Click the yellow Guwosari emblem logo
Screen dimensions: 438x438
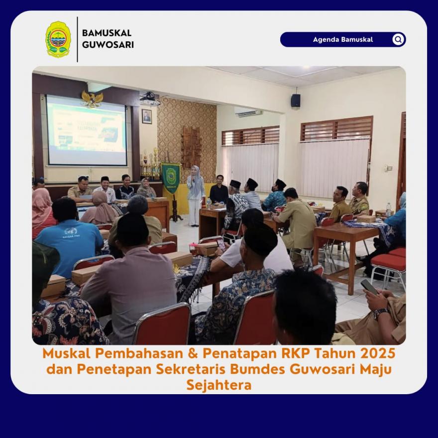point(58,39)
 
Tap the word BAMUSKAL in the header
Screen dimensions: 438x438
point(107,33)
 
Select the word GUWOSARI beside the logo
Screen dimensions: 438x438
point(108,45)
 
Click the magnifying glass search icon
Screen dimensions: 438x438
point(398,39)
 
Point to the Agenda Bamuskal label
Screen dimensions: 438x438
point(343,39)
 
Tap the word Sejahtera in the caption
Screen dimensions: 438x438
point(219,385)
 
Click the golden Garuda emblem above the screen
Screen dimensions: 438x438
point(92,99)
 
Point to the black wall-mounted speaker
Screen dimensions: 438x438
point(296,100)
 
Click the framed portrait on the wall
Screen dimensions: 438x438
point(147,116)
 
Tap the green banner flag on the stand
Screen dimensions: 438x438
point(170,178)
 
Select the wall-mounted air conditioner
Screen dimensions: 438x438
point(248,112)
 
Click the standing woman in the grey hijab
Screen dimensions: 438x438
point(195,196)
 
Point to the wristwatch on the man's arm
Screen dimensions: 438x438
point(380,313)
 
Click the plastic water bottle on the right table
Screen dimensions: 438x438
point(388,210)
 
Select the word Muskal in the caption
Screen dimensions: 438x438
point(67,353)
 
